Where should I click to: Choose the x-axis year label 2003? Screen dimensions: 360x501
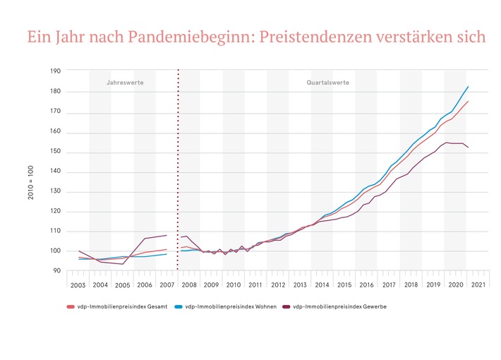(78, 284)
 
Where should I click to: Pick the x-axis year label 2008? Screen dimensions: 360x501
(188, 284)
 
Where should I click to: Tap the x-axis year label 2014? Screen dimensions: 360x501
(322, 284)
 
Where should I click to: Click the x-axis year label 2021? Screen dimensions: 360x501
(477, 284)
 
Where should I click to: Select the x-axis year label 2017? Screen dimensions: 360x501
(388, 284)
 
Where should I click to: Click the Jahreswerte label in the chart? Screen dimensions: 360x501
(125, 83)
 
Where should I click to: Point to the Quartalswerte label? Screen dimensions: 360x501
(327, 83)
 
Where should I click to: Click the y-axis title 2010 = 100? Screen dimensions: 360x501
(31, 183)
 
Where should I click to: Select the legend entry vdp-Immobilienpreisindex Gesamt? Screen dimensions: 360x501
(121, 307)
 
